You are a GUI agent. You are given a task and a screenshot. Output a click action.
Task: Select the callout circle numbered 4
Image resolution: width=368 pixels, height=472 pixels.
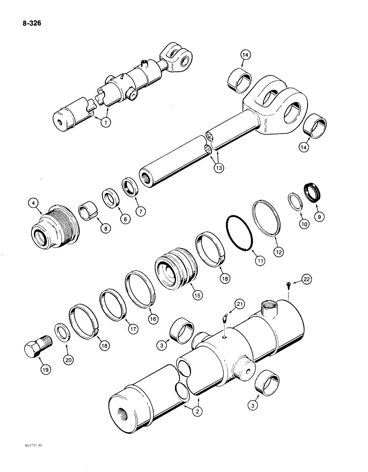(33, 204)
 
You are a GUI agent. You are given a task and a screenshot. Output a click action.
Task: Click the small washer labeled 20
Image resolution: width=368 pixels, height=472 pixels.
(62, 332)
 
